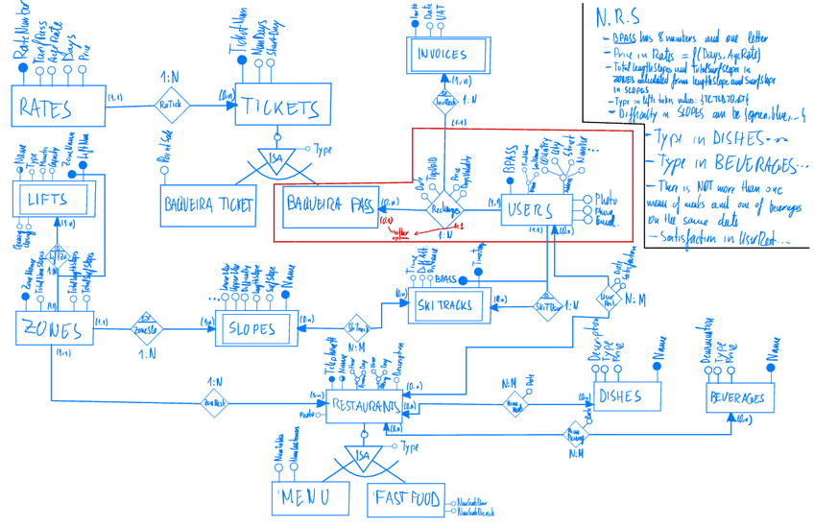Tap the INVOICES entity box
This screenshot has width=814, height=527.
click(x=442, y=55)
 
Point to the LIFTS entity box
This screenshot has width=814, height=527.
click(x=55, y=200)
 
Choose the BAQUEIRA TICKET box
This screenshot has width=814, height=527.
click(x=208, y=204)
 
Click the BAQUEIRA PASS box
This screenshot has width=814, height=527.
click(x=330, y=205)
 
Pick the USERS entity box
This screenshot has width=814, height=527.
click(x=537, y=207)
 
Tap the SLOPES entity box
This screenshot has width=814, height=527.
click(x=251, y=328)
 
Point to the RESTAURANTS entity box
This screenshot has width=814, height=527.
click(x=363, y=406)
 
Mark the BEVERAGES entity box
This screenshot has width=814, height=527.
click(x=737, y=396)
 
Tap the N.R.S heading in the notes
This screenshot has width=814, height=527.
click(x=612, y=18)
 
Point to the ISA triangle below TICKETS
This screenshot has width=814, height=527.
click(x=278, y=157)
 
